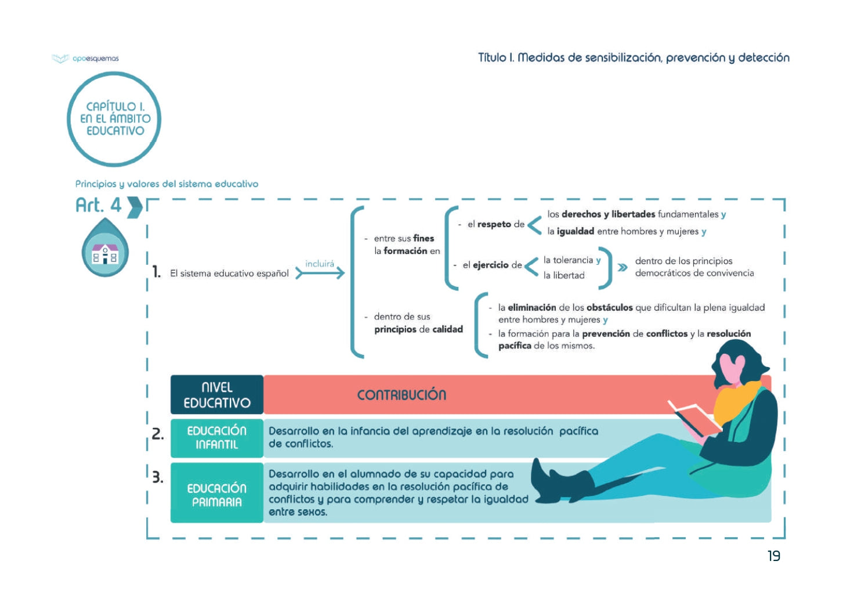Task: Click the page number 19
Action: tap(773, 556)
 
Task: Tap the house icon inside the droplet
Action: tap(105, 254)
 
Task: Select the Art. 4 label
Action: tap(99, 205)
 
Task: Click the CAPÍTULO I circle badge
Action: tap(114, 119)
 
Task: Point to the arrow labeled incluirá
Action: tap(320, 272)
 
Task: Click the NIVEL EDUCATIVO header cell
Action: tap(217, 395)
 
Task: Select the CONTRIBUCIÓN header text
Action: tap(401, 395)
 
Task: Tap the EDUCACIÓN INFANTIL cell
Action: tap(217, 437)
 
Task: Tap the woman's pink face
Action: tap(732, 369)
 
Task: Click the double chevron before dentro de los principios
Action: tap(622, 267)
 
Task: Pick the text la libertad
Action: tap(564, 275)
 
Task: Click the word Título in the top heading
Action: tap(492, 57)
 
